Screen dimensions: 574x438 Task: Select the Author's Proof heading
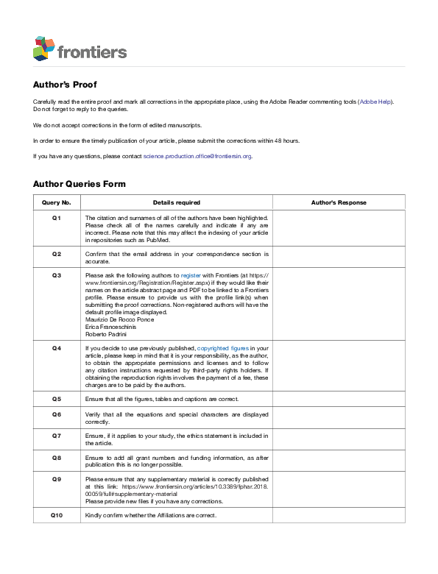pyautogui.click(x=64, y=85)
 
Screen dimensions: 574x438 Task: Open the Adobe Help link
pyautogui.click(x=375, y=101)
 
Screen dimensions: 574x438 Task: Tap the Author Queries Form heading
pyautogui.click(x=79, y=184)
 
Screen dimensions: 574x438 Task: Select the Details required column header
pyautogui.click(x=176, y=202)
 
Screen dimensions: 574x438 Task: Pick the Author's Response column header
pyautogui.click(x=339, y=202)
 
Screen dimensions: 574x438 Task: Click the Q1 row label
pyautogui.click(x=57, y=219)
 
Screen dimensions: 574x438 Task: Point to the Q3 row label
pyautogui.click(x=57, y=274)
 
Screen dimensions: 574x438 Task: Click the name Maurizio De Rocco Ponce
pyautogui.click(x=119, y=319)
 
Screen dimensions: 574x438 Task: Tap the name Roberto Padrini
pyautogui.click(x=105, y=334)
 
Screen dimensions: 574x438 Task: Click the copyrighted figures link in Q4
pyautogui.click(x=223, y=347)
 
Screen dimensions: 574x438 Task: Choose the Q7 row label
pyautogui.click(x=57, y=436)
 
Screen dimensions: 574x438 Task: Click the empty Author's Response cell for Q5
pyautogui.click(x=339, y=399)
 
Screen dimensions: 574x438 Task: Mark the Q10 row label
pyautogui.click(x=57, y=515)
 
